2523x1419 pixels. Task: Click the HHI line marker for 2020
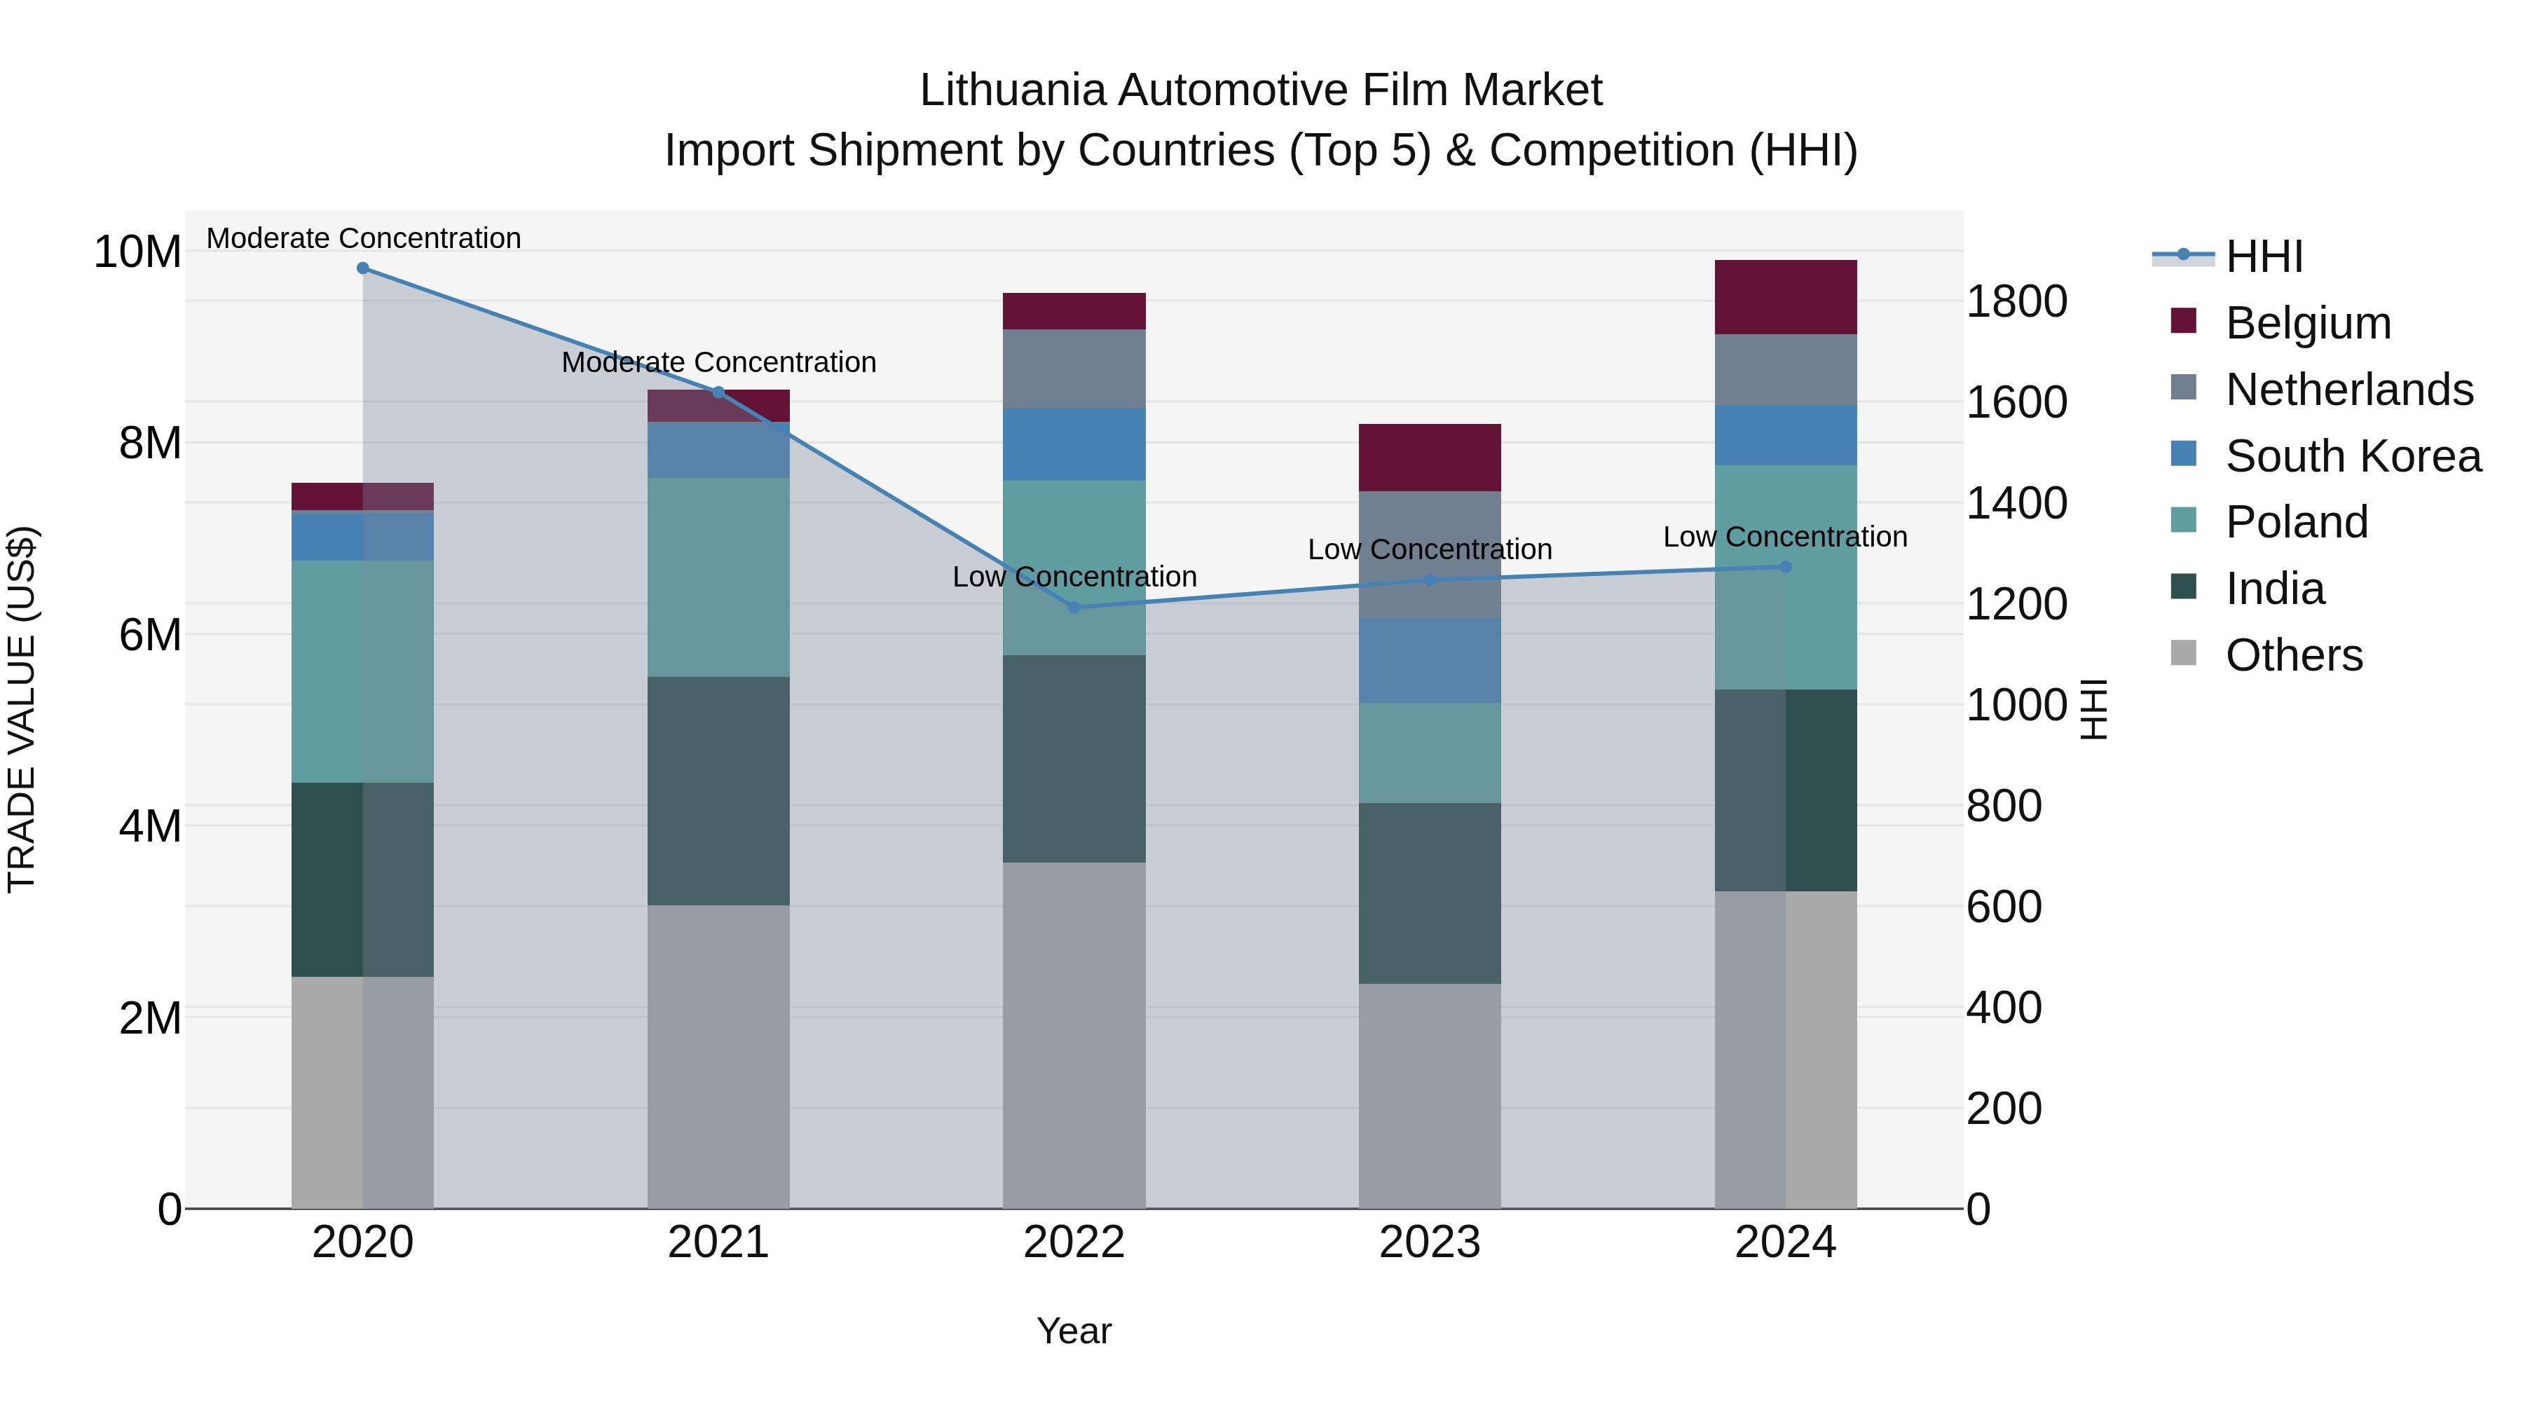click(363, 268)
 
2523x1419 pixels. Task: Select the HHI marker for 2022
click(1074, 607)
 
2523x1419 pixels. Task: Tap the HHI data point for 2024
click(1786, 567)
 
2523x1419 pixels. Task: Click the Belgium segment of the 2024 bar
click(1786, 298)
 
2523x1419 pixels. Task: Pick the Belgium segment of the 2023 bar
click(1430, 458)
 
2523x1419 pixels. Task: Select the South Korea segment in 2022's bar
click(1074, 444)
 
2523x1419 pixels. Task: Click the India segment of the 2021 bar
click(719, 791)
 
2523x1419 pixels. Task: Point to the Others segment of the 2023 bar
click(1430, 1096)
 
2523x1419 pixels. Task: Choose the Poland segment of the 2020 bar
click(363, 672)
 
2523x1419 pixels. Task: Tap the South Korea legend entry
click(2353, 456)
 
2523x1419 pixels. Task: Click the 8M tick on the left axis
click(150, 444)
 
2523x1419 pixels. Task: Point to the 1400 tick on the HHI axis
click(2016, 503)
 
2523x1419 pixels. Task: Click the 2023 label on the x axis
click(1430, 1242)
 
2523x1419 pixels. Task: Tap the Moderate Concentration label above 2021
click(719, 362)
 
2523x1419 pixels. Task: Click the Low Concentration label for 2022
click(1074, 577)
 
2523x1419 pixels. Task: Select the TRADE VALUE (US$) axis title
click(22, 709)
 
